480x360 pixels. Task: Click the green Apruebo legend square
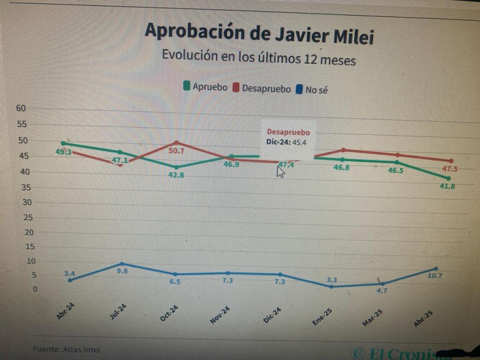click(187, 86)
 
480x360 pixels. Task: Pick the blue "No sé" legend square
click(300, 89)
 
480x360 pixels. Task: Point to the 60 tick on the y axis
click(21, 108)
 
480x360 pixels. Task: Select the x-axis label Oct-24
click(169, 313)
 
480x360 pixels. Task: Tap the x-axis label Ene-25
click(322, 316)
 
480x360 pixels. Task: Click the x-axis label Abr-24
click(66, 311)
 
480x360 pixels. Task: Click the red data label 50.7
click(176, 151)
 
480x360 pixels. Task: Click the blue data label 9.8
click(122, 271)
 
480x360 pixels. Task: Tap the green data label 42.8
click(176, 175)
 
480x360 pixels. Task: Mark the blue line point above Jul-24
click(122, 264)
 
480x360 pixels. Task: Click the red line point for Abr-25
click(451, 161)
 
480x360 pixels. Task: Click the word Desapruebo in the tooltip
click(288, 133)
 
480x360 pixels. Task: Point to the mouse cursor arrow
click(280, 171)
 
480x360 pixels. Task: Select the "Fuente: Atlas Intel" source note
click(66, 349)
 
